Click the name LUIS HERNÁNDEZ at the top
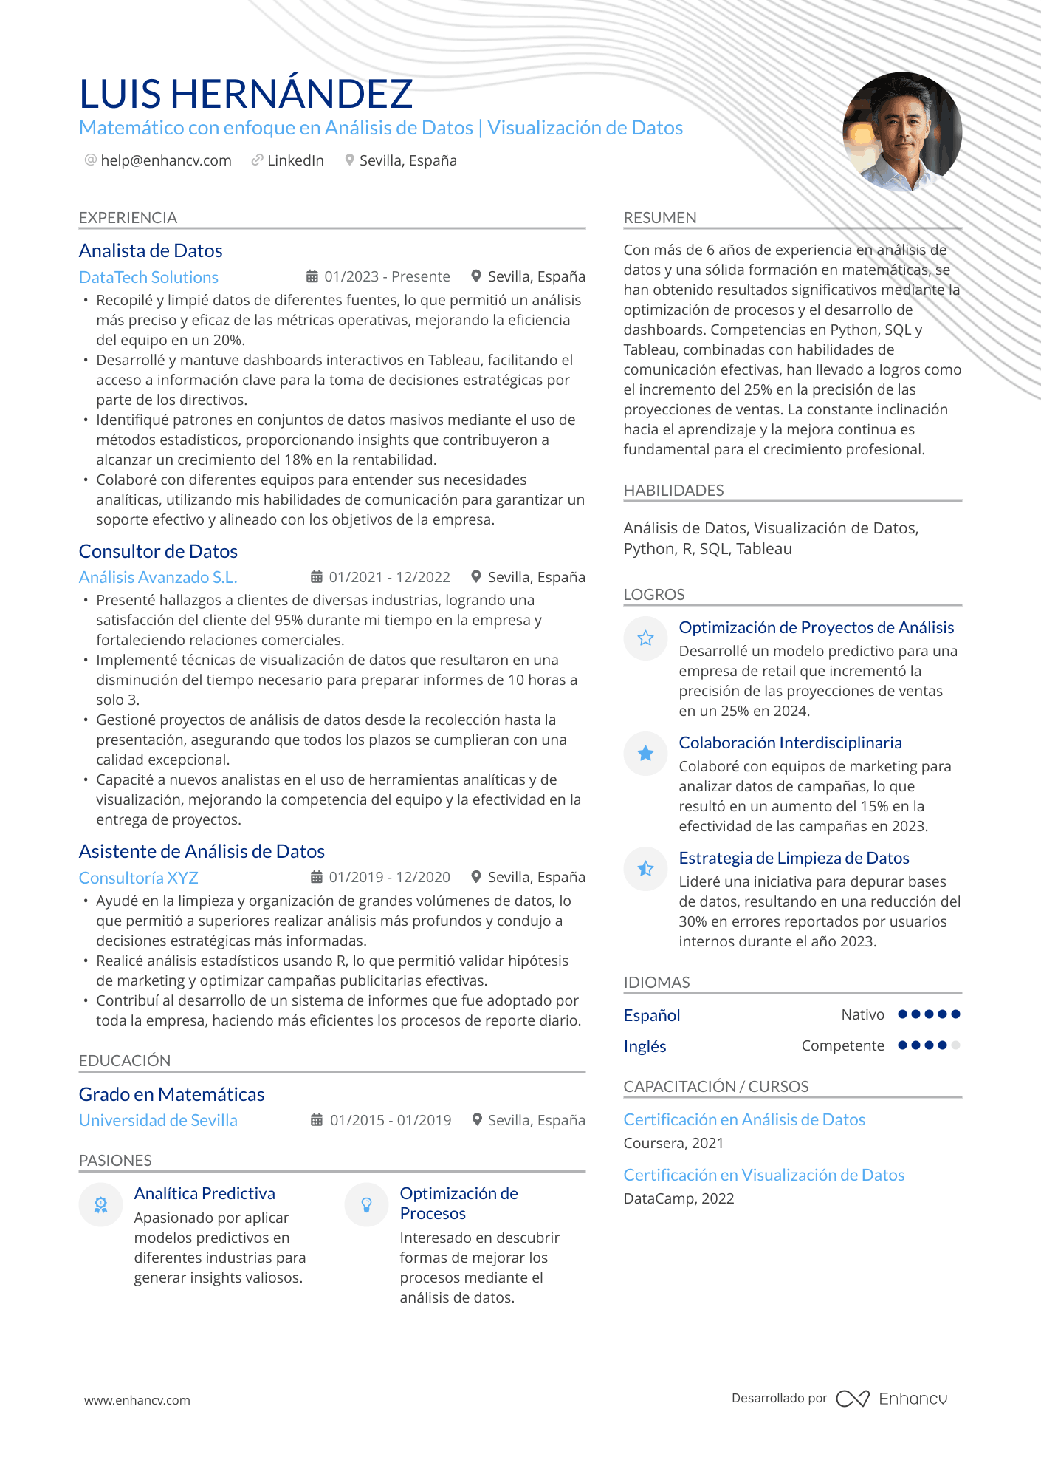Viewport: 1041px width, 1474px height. [x=245, y=95]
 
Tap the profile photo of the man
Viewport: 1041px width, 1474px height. [x=901, y=132]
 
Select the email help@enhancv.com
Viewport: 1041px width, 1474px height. [x=165, y=160]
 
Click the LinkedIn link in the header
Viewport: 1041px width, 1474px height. [x=295, y=160]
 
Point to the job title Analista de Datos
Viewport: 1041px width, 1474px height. [x=151, y=250]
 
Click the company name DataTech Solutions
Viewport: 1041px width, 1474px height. [x=148, y=277]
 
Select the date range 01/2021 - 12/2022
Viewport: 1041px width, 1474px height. [x=389, y=577]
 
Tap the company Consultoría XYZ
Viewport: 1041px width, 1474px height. [x=139, y=878]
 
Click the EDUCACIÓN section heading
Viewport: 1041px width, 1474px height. [x=125, y=1060]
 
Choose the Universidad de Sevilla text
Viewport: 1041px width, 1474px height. [x=158, y=1120]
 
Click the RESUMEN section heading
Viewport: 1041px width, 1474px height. [x=660, y=218]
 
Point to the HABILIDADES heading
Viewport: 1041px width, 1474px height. [x=673, y=491]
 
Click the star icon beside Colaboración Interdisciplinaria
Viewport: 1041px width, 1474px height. [x=645, y=753]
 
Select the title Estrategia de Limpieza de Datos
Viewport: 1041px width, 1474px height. [x=794, y=858]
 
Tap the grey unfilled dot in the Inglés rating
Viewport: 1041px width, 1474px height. [x=956, y=1045]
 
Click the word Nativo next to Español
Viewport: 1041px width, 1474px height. [x=862, y=1014]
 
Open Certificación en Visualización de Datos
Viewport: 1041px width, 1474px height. [x=763, y=1175]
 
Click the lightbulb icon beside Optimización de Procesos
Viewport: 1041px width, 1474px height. [x=366, y=1205]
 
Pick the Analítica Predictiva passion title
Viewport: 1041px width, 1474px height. [x=205, y=1193]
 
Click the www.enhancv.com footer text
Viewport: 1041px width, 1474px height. [x=137, y=1400]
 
